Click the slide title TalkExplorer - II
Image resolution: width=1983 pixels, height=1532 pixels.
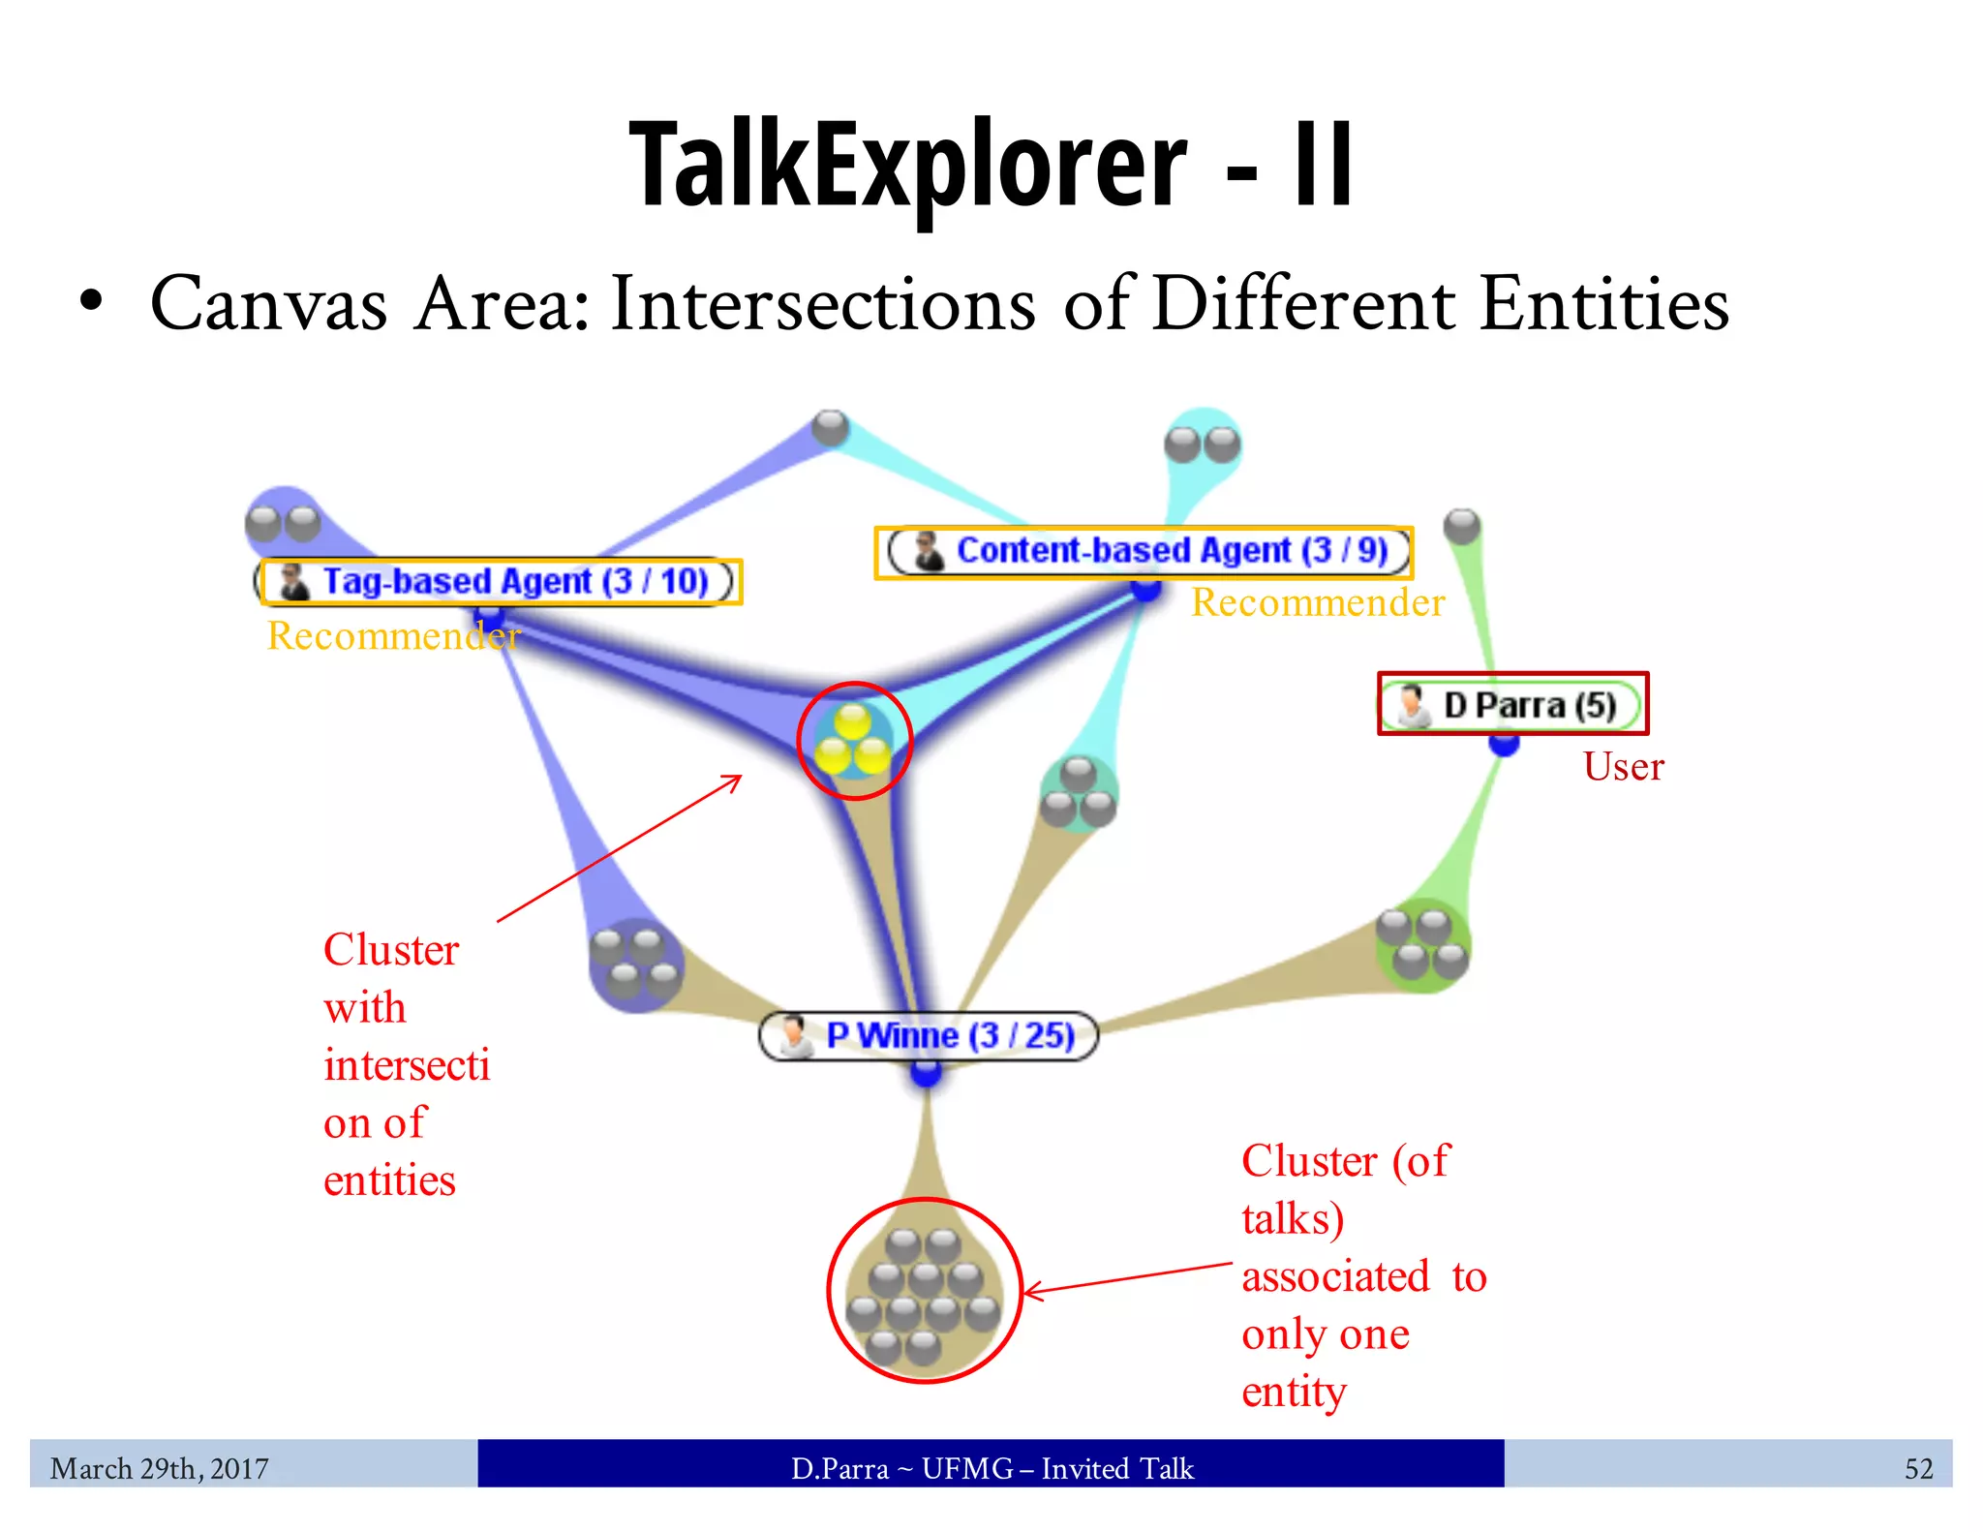[991, 165]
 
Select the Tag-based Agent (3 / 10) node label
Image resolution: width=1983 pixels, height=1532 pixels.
[513, 581]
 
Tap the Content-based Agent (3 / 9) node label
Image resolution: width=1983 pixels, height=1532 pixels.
[1172, 550]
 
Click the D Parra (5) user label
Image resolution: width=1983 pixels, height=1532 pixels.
[1529, 705]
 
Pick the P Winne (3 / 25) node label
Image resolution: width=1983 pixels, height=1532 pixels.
[949, 1035]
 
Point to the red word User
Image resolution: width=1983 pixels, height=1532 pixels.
[1623, 767]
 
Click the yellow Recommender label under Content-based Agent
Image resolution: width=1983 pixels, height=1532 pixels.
[1317, 602]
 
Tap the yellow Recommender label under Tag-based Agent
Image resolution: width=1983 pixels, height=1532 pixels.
[393, 635]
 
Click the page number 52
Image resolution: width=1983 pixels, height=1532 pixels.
[1918, 1468]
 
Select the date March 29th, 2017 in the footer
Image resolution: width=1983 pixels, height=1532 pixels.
[160, 1468]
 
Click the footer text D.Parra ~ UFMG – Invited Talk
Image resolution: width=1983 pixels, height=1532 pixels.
[991, 1468]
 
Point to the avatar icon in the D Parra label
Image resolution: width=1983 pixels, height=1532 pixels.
[1413, 705]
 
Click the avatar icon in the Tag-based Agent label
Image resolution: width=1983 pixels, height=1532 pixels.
[293, 581]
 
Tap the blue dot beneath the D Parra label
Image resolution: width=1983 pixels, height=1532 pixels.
[1504, 744]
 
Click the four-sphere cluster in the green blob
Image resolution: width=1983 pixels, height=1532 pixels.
[1422, 944]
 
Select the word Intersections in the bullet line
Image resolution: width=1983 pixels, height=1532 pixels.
[824, 304]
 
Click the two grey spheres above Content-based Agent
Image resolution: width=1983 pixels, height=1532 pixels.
[1202, 444]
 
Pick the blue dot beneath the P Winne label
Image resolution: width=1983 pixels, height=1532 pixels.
[926, 1072]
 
